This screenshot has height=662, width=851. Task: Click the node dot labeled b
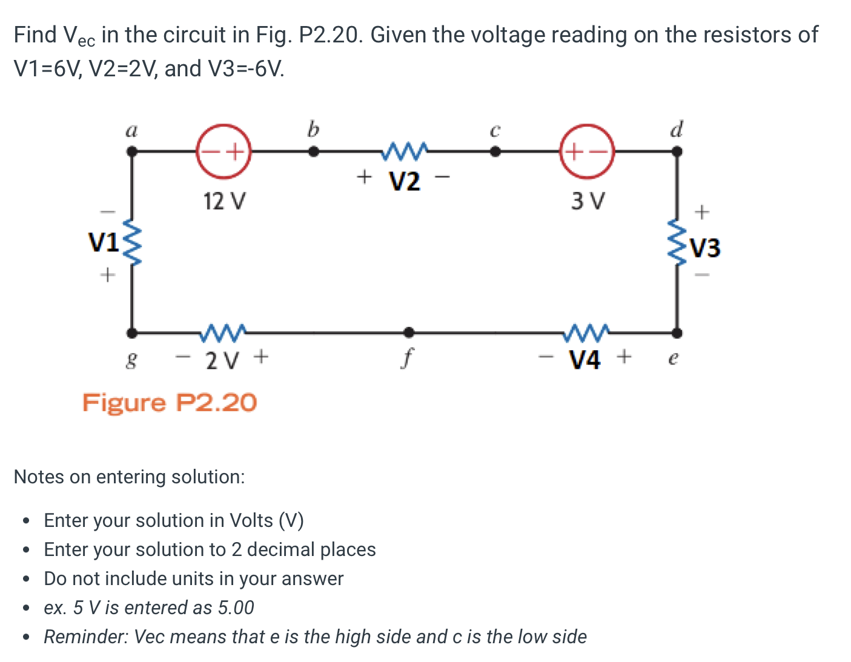click(313, 152)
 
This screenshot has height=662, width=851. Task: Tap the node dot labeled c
click(495, 152)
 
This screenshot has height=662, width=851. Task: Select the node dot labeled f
click(409, 332)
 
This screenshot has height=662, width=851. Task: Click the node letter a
click(131, 130)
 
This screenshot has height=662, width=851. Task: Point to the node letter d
click(677, 129)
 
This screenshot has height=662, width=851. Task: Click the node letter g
click(131, 361)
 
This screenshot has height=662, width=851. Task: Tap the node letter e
click(672, 359)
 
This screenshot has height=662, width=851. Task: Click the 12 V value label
click(225, 200)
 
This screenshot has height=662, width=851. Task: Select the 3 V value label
click(588, 200)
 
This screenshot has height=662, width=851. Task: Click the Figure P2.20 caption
click(170, 402)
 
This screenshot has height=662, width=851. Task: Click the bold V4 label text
click(585, 360)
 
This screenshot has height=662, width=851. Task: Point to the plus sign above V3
click(701, 212)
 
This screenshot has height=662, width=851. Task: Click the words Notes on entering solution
click(129, 477)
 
